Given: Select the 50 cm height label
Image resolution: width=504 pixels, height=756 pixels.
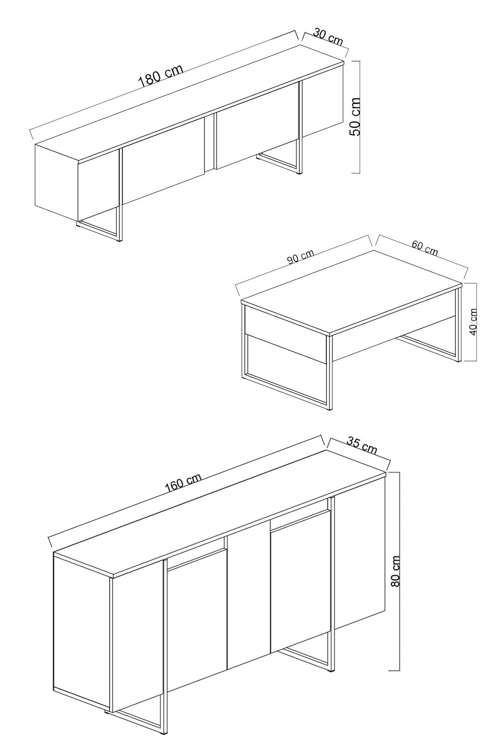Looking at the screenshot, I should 355,116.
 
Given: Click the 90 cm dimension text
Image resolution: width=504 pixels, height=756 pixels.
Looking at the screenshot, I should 301,257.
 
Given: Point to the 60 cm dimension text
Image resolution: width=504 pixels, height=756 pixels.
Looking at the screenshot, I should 425,249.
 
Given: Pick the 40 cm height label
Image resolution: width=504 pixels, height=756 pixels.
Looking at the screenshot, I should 473,322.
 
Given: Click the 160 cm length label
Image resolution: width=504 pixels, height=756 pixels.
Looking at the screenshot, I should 183,482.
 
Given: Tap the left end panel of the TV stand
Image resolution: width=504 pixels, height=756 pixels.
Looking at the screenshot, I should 57,181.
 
